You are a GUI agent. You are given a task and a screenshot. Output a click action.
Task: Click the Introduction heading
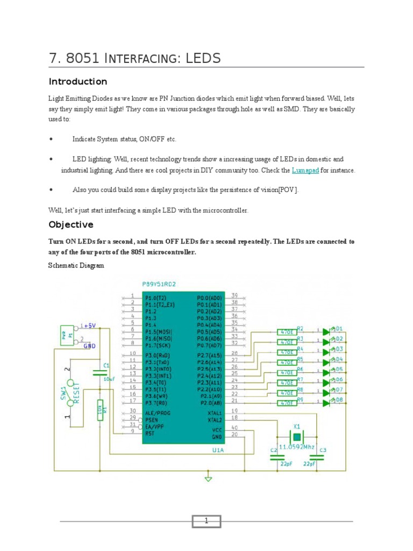coord(78,82)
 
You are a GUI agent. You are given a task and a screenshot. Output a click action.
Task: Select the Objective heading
coord(71,224)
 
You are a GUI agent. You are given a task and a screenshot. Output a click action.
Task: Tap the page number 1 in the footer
coord(206,521)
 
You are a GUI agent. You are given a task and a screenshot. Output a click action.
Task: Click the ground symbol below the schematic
coord(209,477)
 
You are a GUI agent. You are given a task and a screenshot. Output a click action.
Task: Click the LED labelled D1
coord(326,332)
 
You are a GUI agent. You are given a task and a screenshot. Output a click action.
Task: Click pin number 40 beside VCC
coord(234,427)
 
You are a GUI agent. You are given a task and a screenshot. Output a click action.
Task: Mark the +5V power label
coord(89,326)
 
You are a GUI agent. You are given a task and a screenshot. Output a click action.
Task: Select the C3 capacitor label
coord(323,450)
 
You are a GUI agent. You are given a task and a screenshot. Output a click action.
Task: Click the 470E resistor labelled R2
coord(286,332)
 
